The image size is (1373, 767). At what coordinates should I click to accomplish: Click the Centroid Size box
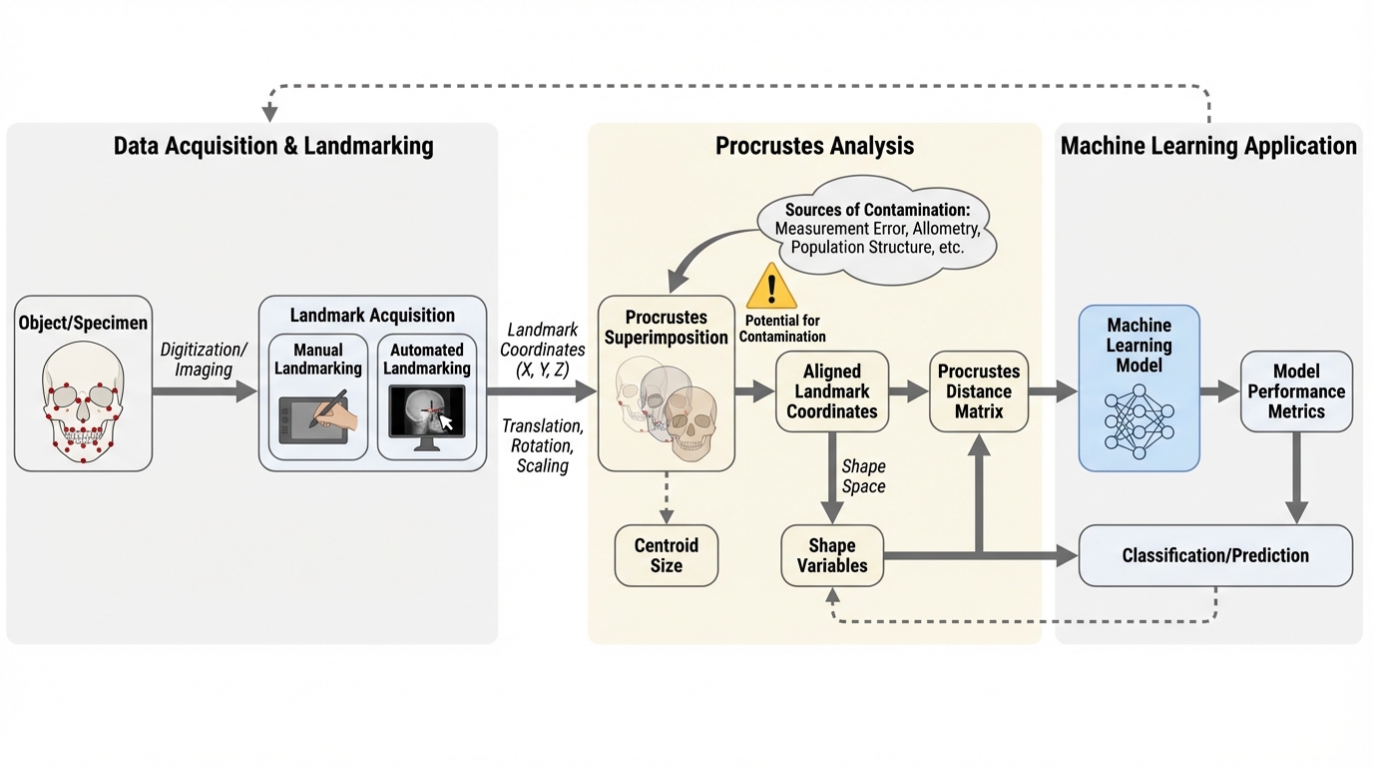click(x=667, y=555)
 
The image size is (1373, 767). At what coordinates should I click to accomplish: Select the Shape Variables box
click(x=832, y=555)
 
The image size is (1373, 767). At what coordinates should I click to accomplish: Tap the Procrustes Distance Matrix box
click(x=979, y=390)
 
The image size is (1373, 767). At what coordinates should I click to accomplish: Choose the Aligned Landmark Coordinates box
click(x=832, y=390)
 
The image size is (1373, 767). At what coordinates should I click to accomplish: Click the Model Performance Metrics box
click(x=1296, y=390)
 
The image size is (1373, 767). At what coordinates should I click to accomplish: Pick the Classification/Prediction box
click(x=1215, y=555)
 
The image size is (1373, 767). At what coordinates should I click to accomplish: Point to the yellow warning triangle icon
click(x=771, y=287)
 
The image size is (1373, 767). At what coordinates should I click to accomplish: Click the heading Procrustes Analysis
click(x=814, y=146)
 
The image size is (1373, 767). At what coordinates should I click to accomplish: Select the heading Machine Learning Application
click(x=1208, y=146)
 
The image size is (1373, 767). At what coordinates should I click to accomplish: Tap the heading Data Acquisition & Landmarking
click(x=273, y=146)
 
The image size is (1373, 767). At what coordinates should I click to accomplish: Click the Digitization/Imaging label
click(x=205, y=359)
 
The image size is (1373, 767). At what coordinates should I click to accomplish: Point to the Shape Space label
click(x=864, y=476)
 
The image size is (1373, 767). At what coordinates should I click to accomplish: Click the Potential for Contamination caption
click(x=782, y=329)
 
